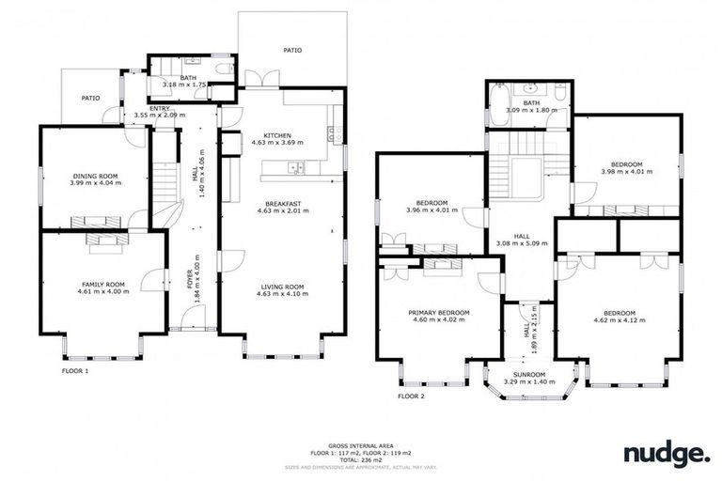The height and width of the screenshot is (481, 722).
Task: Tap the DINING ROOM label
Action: pos(95,176)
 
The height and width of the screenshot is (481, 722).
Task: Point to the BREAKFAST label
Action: pos(282,204)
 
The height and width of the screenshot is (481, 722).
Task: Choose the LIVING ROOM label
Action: pos(282,287)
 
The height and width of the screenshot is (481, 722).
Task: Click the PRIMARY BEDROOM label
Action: pos(439,313)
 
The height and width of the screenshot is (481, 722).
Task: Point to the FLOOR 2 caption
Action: pos(411,396)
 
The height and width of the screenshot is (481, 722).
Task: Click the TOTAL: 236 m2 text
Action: pos(361,458)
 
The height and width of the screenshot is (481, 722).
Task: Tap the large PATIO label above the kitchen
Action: pos(292,50)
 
